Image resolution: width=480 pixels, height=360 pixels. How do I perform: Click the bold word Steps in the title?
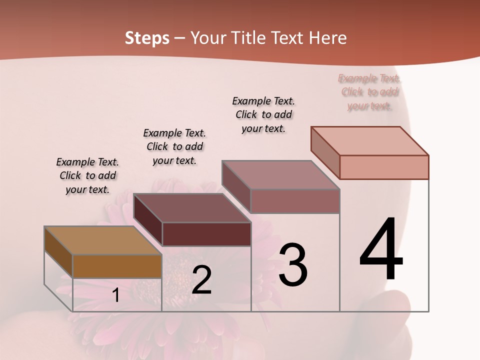(147, 38)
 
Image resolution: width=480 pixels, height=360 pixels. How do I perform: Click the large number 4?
(381, 250)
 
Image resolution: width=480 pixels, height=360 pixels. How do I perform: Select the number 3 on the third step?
(293, 265)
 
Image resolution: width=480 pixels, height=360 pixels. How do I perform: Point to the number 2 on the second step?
(201, 280)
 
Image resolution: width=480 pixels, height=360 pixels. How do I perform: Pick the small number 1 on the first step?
(116, 295)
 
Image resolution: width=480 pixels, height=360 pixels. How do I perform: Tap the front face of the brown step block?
(117, 266)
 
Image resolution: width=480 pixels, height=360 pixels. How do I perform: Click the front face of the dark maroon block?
(206, 234)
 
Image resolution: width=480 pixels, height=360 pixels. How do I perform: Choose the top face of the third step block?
(281, 175)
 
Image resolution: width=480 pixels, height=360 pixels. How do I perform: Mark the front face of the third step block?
(295, 201)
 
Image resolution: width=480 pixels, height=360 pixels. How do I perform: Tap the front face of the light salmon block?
(384, 167)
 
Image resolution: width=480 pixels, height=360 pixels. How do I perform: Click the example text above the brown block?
(87, 175)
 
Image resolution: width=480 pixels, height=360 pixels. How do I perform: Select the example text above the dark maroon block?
(174, 146)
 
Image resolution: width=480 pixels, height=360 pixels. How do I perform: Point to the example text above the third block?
(263, 114)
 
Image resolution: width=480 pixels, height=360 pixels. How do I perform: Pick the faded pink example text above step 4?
(369, 92)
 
